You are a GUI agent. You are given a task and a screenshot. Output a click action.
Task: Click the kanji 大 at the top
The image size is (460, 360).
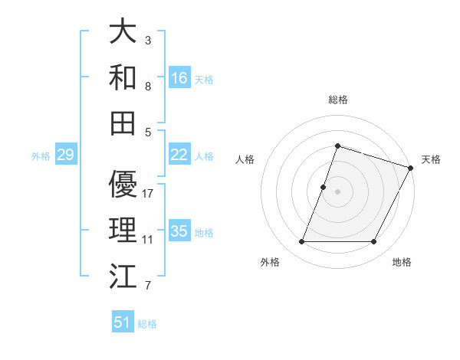[x=123, y=32]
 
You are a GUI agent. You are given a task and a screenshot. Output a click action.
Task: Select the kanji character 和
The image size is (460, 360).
[x=123, y=76]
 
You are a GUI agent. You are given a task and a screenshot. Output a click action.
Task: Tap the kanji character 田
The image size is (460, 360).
[x=123, y=122]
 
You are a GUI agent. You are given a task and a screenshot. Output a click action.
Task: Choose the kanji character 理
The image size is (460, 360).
[x=123, y=230]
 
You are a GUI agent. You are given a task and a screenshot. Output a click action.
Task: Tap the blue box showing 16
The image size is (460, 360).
[x=179, y=77]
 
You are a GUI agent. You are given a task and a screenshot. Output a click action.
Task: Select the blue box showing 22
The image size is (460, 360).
[x=179, y=155]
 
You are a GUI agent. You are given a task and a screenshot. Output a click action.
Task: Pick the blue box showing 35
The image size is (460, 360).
[x=179, y=231]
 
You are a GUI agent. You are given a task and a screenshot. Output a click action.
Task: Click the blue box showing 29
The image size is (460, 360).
[x=65, y=155]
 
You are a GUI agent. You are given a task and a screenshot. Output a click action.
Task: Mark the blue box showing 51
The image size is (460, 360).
[x=123, y=322]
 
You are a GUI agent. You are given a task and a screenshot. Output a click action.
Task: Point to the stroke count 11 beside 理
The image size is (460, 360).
[x=148, y=240]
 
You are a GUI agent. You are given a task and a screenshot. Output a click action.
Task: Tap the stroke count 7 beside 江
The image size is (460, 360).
[x=148, y=286]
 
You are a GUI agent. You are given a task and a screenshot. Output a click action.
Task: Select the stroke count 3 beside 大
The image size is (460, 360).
[x=148, y=40]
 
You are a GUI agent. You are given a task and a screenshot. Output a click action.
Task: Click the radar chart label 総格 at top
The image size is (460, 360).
[x=337, y=100]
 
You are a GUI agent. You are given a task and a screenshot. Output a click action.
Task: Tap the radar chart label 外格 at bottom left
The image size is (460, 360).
[x=270, y=262]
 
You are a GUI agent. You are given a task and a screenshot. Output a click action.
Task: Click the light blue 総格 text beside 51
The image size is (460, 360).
[x=147, y=323]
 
